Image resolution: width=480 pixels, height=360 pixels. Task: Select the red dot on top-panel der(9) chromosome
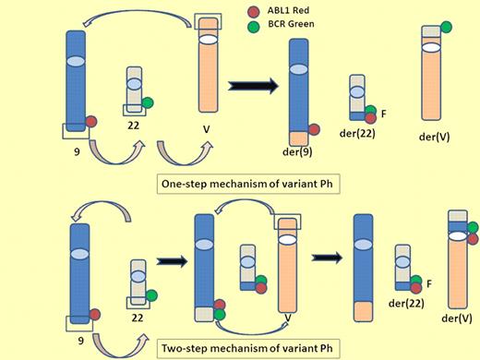click(x=315, y=130)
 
